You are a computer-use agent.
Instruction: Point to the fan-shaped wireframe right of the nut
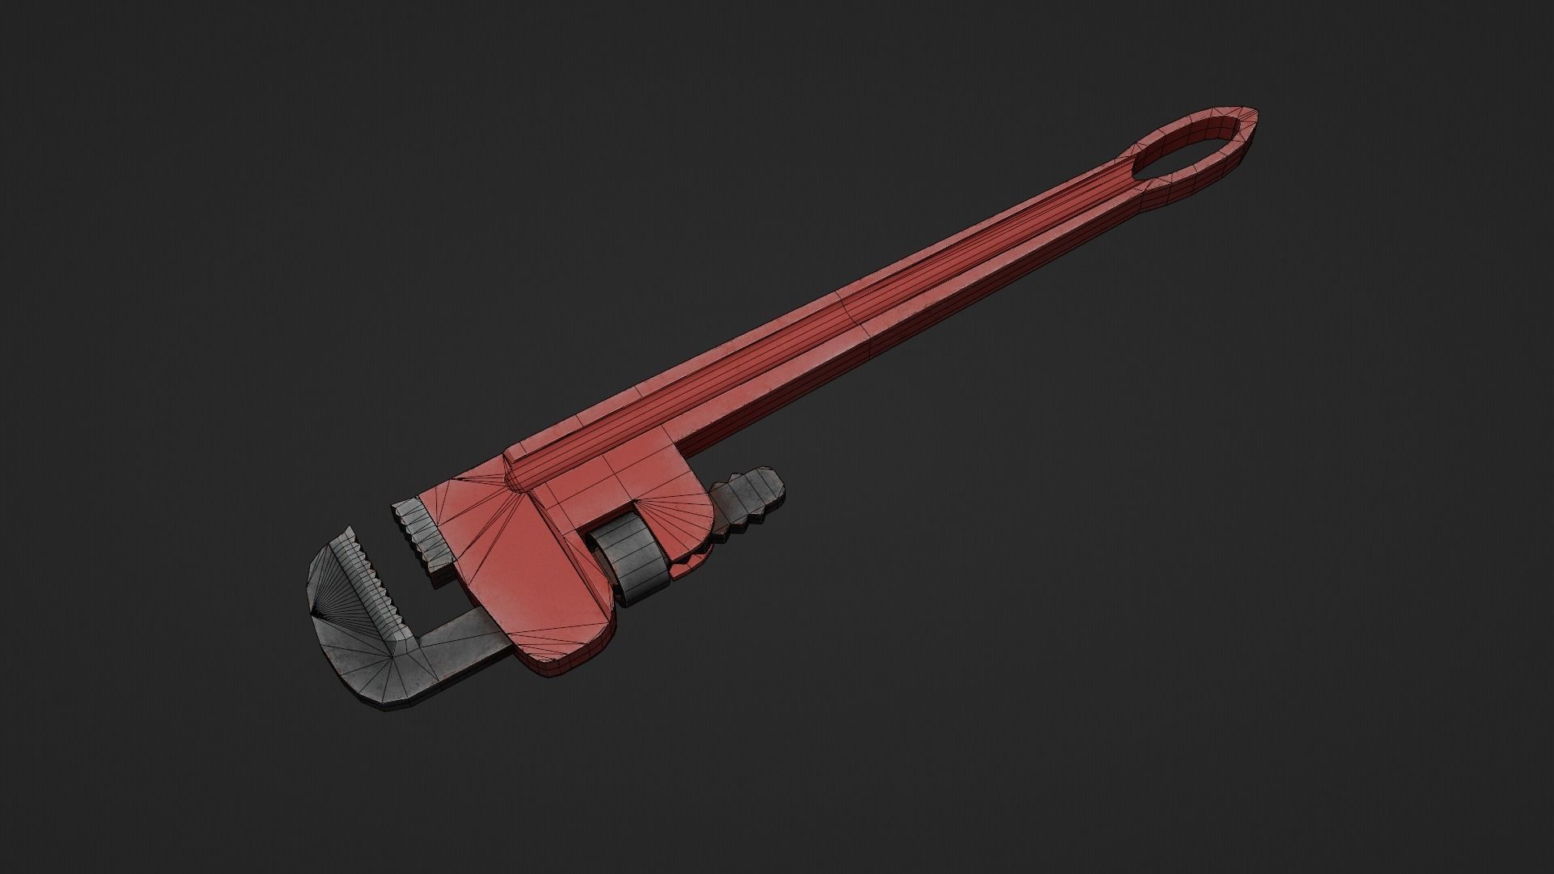[684, 518]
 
